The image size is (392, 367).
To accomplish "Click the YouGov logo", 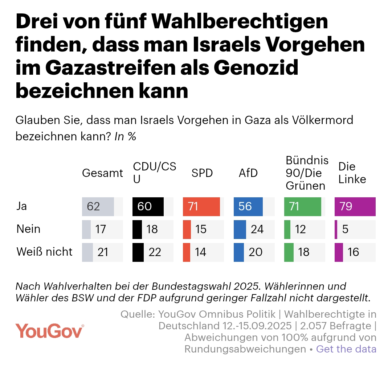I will [x=50, y=330].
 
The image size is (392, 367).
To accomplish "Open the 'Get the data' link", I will [x=346, y=349].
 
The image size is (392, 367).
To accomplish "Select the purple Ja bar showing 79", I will [x=355, y=207].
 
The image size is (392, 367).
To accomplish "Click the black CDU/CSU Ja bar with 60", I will [x=148, y=207].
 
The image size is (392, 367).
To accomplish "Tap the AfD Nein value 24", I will [x=257, y=229].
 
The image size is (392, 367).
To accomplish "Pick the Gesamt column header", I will [x=103, y=173].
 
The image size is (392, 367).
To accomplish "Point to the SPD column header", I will [x=202, y=173].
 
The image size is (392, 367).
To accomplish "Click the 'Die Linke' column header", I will [x=352, y=173].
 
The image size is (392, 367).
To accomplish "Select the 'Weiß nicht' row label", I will [x=45, y=252].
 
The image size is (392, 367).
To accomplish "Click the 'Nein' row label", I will [x=29, y=229].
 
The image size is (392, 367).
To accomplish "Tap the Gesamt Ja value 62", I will [x=94, y=207].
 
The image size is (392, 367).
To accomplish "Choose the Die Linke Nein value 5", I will [x=345, y=229].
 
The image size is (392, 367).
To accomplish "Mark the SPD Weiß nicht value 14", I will [x=200, y=252].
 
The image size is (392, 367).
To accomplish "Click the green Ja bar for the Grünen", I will [x=302, y=207].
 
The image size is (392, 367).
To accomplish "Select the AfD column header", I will [x=248, y=173].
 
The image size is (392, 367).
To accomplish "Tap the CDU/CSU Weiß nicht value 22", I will [x=155, y=252].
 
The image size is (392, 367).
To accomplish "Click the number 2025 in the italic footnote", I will [x=215, y=286].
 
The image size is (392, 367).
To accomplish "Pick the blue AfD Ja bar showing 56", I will [x=248, y=207].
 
